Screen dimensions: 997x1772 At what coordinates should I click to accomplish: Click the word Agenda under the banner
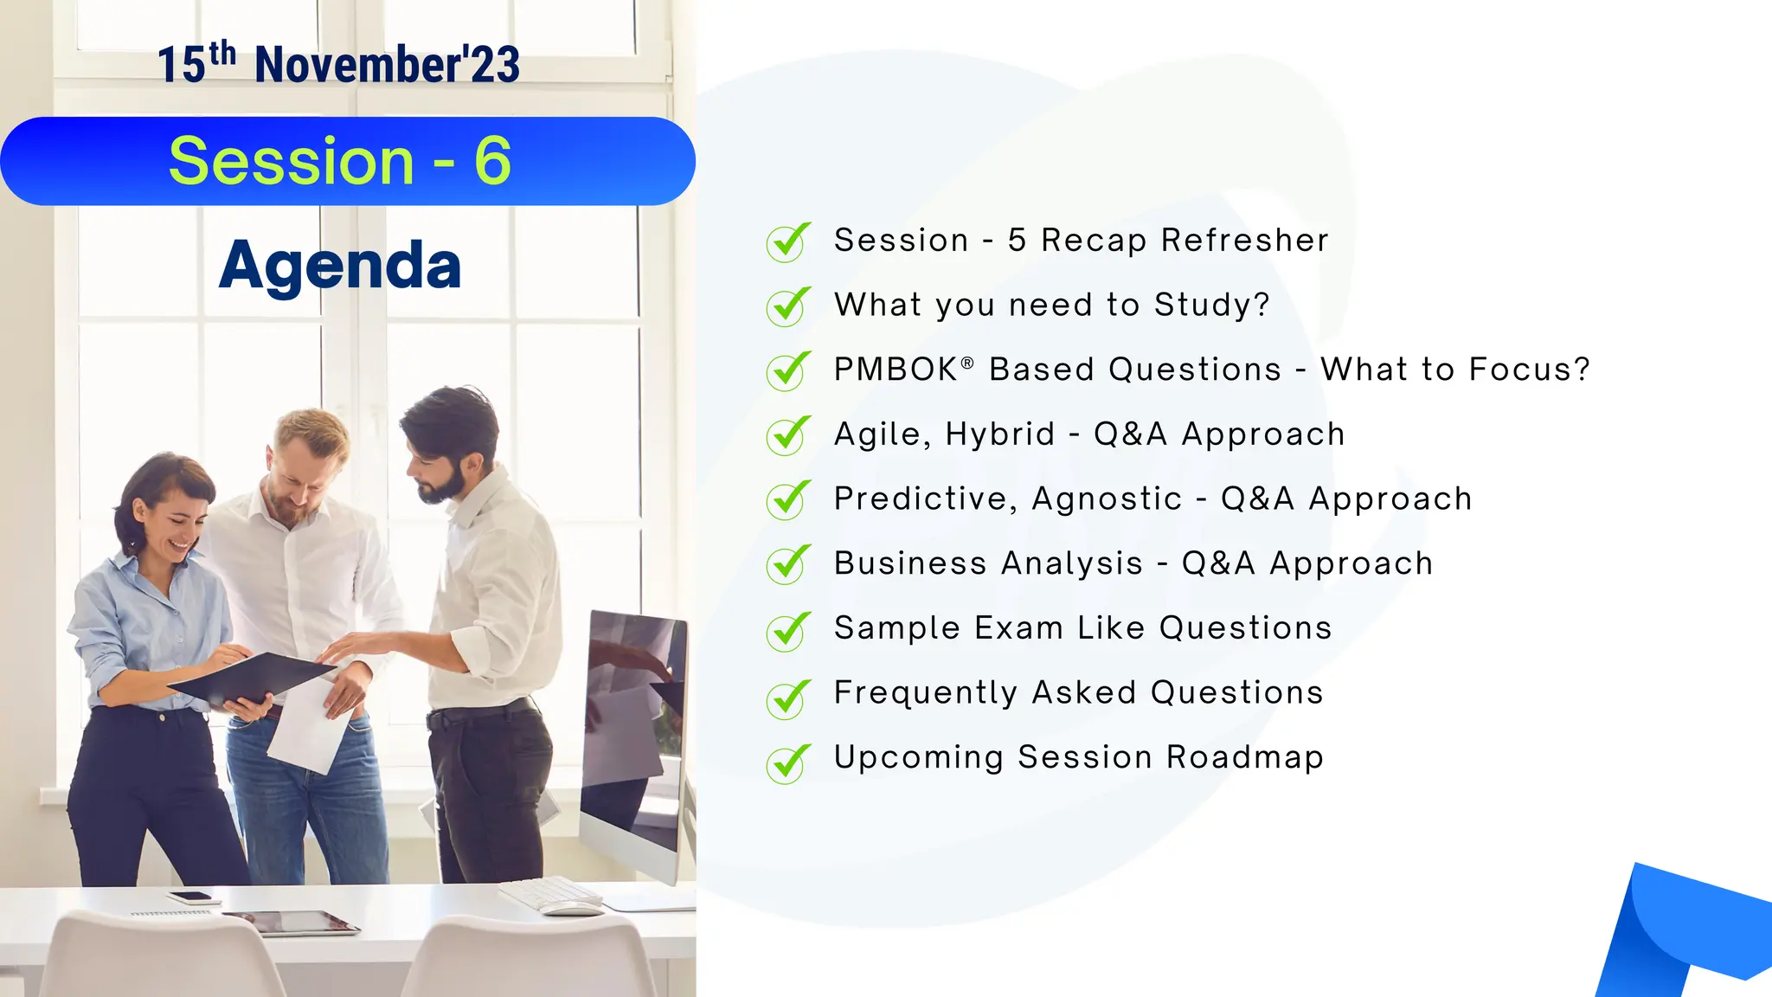point(340,265)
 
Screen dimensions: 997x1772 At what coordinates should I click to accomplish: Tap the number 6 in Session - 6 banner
point(492,161)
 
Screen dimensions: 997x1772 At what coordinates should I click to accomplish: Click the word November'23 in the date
point(387,66)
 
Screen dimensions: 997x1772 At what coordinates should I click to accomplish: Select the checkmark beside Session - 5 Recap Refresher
point(787,241)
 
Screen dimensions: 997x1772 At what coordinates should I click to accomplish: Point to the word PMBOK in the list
point(896,370)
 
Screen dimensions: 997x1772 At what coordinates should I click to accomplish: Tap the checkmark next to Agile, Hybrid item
point(787,435)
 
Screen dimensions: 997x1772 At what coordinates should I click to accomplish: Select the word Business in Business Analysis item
point(910,563)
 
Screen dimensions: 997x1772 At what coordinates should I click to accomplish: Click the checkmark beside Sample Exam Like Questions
point(787,630)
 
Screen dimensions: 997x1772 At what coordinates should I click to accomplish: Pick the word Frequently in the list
point(925,693)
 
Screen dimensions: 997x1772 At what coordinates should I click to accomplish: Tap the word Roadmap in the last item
point(1244,757)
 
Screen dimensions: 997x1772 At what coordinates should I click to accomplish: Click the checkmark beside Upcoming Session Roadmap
point(787,763)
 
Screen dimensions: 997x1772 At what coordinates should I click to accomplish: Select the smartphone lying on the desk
point(189,897)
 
